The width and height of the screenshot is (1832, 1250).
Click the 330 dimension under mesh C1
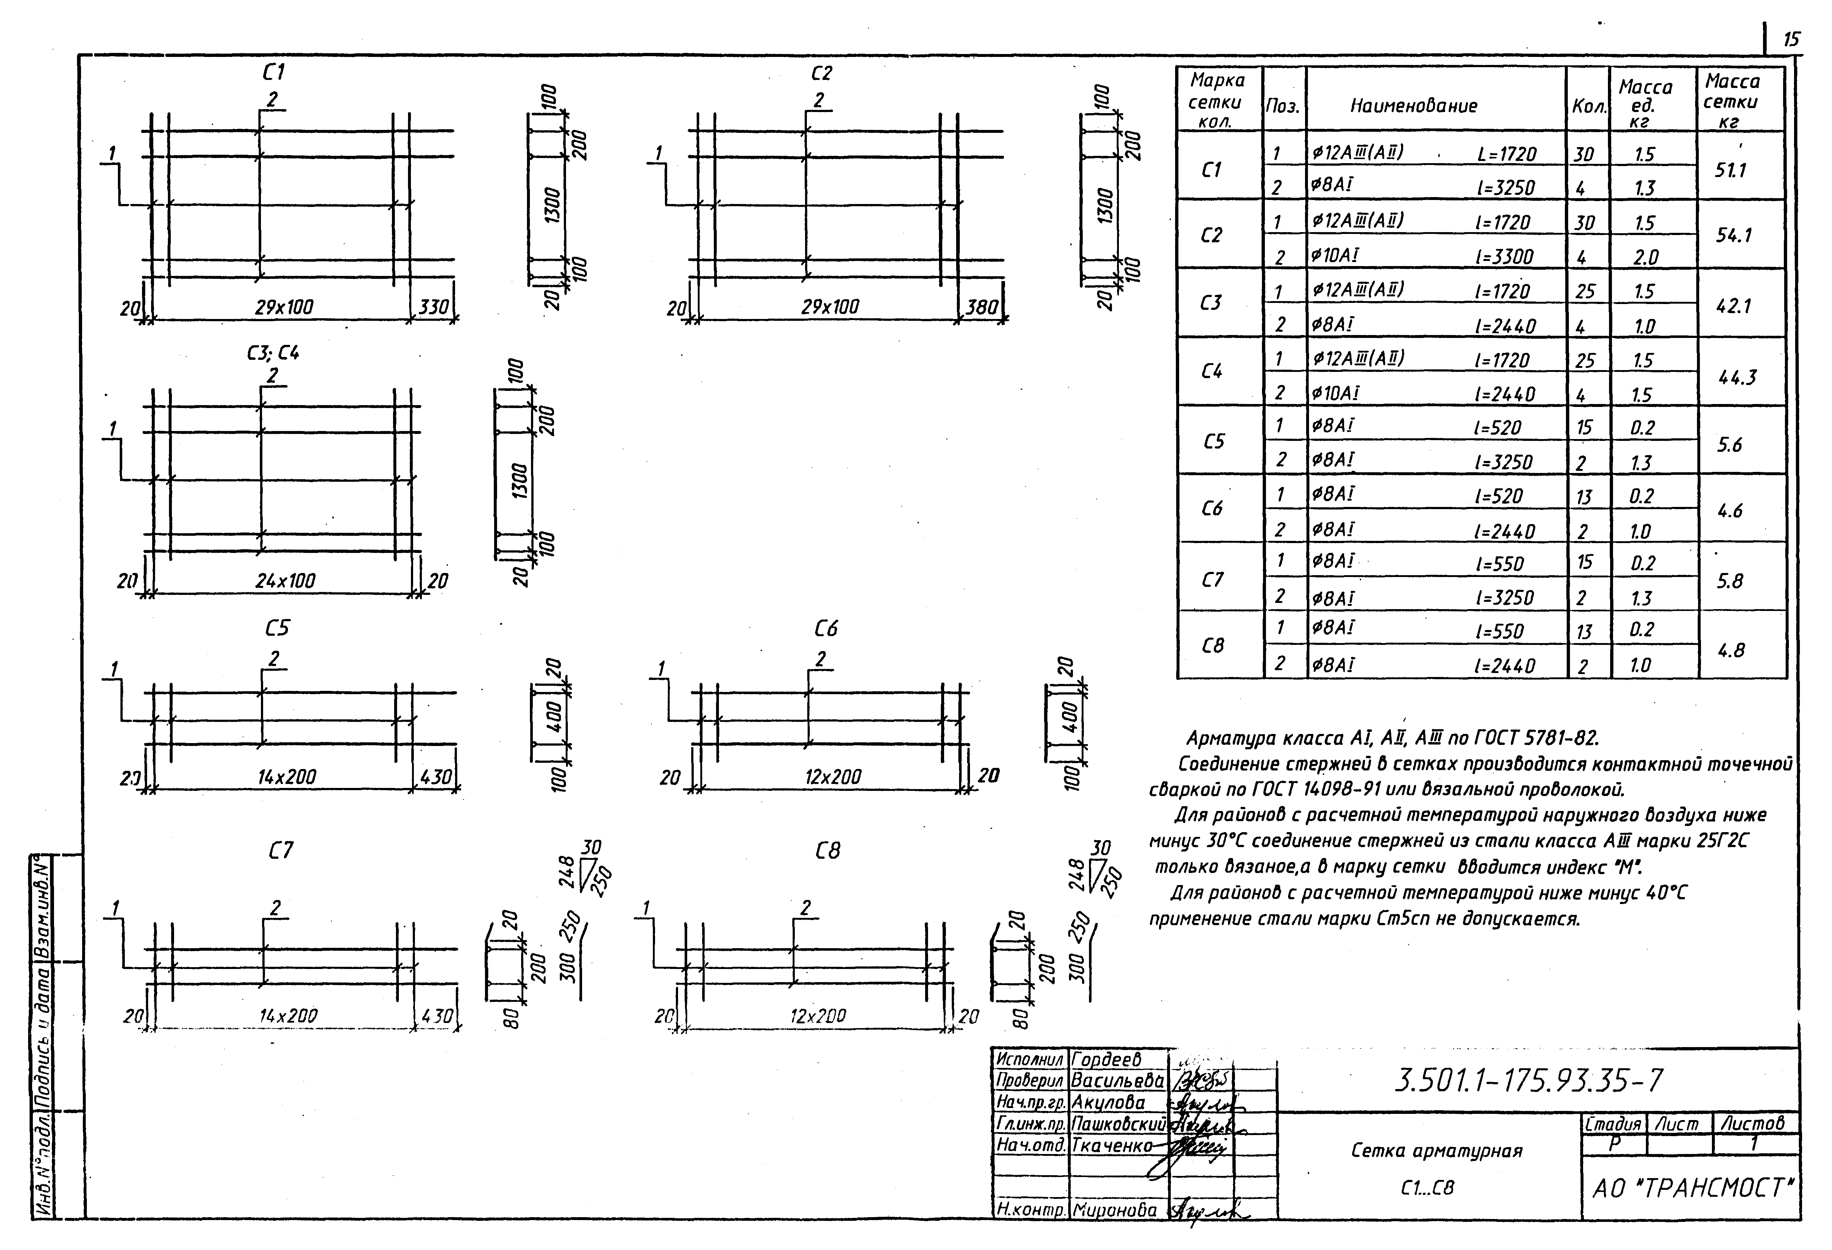coord(433,307)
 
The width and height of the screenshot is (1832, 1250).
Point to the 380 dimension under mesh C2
coord(981,307)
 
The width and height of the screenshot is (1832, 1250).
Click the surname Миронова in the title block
coord(1115,1210)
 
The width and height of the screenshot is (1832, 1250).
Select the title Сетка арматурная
coord(1436,1151)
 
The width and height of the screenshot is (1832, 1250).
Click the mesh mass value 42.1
coord(1733,306)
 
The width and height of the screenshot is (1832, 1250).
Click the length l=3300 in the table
coord(1503,256)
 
